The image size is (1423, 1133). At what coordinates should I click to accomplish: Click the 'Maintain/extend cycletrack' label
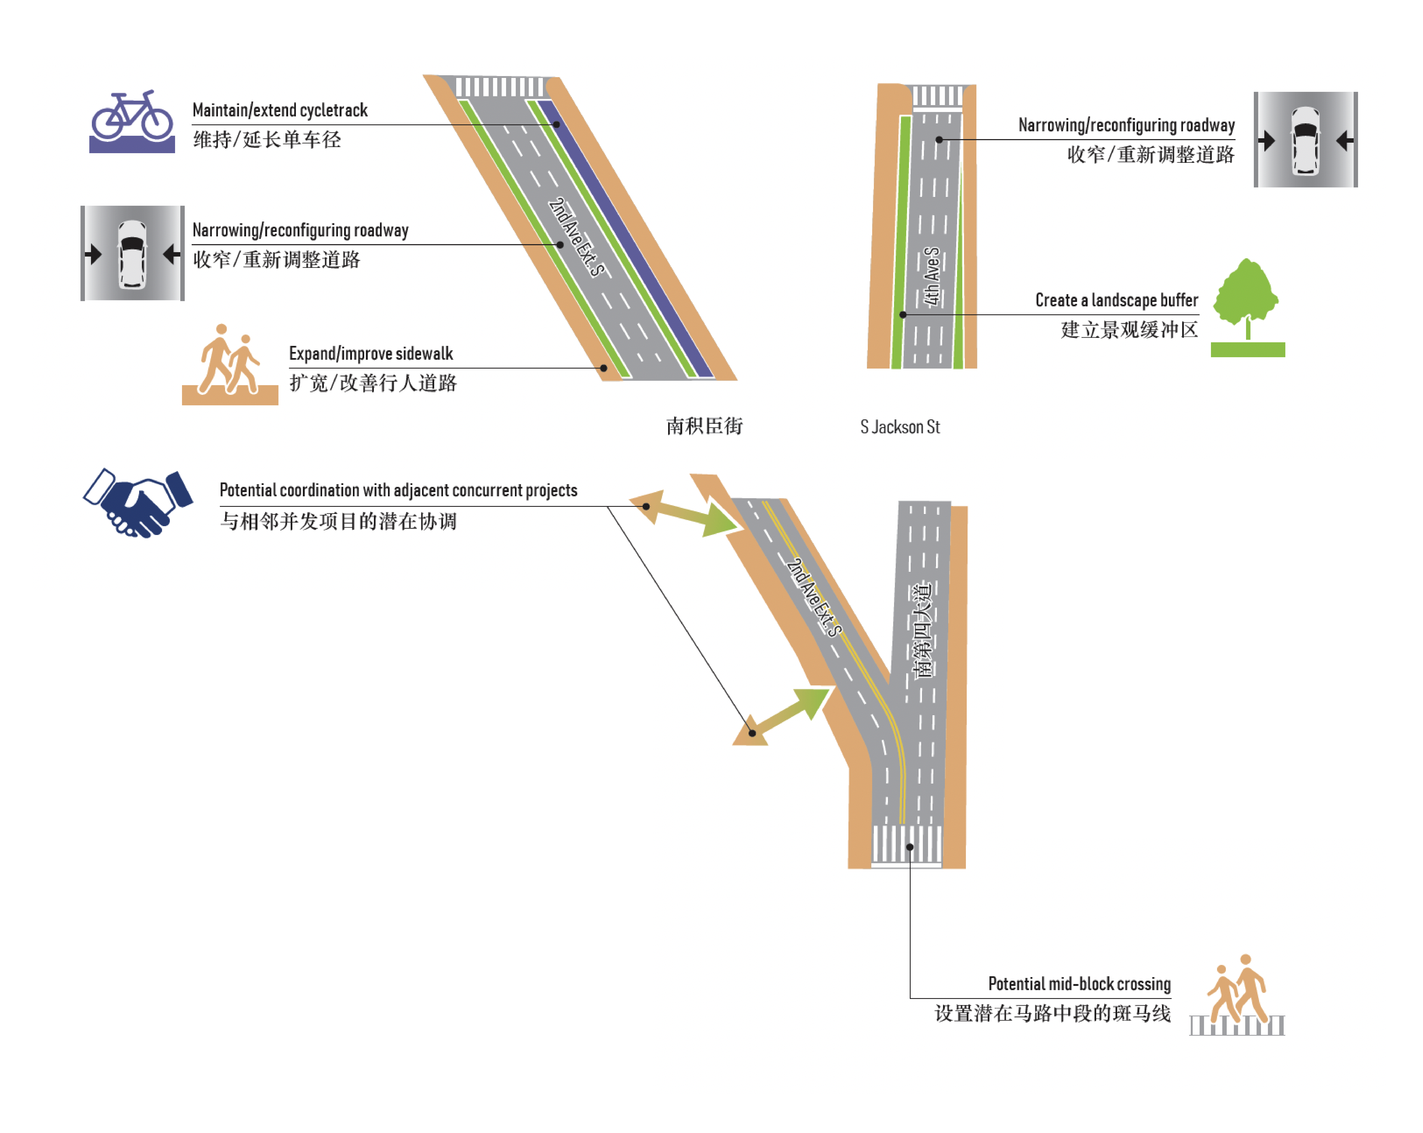click(280, 110)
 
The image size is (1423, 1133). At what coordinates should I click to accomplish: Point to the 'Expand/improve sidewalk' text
click(371, 354)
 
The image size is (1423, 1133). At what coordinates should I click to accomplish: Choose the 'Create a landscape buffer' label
click(1116, 300)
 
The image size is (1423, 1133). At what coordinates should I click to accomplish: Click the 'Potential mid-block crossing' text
click(1079, 984)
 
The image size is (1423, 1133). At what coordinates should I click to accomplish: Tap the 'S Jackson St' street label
click(900, 427)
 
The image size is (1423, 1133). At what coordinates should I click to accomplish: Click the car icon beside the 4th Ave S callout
click(1305, 140)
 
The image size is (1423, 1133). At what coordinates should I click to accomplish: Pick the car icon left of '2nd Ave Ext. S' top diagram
click(132, 253)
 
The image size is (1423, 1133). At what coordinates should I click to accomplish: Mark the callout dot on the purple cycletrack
click(556, 124)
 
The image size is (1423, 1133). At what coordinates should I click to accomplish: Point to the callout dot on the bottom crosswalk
click(910, 847)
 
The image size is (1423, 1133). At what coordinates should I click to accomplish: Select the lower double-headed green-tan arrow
click(782, 716)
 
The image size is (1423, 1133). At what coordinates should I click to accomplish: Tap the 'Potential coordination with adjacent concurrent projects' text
click(398, 490)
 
